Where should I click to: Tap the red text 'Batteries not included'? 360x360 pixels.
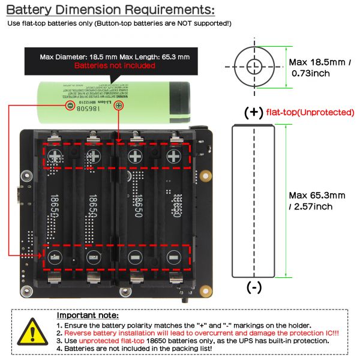coord(115,65)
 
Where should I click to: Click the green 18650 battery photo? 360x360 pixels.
coord(114,96)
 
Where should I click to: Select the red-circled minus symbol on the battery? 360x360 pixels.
coord(70,106)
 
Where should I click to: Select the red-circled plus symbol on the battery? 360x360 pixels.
coord(118,106)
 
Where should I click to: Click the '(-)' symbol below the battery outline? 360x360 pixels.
coord(254,287)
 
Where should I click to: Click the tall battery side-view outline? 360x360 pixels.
coord(254,201)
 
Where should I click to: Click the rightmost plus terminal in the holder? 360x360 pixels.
coord(174,157)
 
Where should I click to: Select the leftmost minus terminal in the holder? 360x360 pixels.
coord(55,258)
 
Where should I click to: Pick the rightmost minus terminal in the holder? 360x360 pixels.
coord(173,258)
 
